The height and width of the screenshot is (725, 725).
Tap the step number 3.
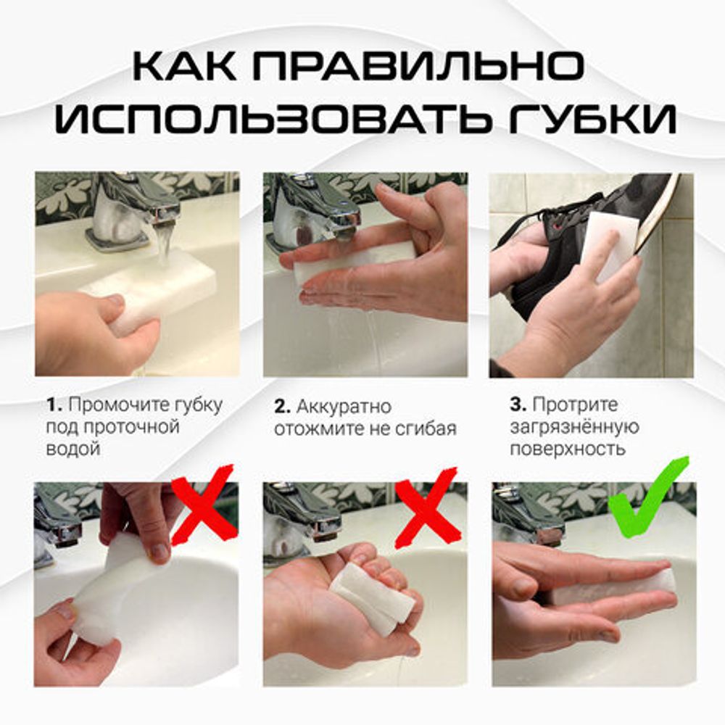click(x=516, y=405)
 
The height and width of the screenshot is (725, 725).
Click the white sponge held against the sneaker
click(x=609, y=243)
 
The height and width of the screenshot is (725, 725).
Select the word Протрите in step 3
click(x=575, y=405)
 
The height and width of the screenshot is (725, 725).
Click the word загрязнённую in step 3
click(x=574, y=427)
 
